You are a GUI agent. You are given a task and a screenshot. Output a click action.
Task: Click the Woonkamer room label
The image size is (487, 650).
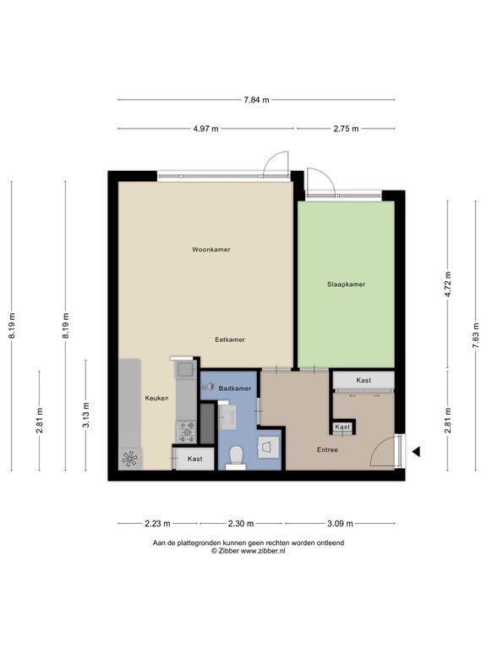tap(211, 250)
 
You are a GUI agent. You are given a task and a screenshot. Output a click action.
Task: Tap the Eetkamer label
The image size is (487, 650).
tap(230, 339)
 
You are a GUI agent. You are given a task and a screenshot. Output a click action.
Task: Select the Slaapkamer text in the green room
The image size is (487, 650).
tap(346, 284)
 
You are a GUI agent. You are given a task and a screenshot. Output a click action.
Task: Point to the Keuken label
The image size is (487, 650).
tap(156, 398)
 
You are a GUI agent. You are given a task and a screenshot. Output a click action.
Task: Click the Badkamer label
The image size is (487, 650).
tap(235, 388)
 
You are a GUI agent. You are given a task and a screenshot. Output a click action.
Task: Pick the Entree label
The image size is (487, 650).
tap(327, 449)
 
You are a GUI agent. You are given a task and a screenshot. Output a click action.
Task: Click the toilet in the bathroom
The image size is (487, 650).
tap(237, 457)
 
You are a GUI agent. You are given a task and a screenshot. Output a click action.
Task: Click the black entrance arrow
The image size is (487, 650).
tap(415, 453)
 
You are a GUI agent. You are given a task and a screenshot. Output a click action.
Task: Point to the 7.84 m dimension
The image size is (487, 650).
tap(256, 100)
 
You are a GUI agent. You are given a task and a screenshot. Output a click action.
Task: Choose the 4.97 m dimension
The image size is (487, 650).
tap(206, 129)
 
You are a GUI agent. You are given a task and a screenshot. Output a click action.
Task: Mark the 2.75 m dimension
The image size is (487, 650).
tap(347, 129)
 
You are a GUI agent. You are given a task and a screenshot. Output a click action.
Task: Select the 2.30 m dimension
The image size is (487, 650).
tap(241, 523)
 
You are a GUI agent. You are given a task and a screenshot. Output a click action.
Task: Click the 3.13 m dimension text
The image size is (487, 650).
tap(85, 419)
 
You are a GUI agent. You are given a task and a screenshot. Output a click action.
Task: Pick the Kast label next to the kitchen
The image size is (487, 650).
tap(195, 459)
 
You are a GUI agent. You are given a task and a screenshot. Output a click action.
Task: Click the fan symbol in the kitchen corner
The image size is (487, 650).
tap(130, 458)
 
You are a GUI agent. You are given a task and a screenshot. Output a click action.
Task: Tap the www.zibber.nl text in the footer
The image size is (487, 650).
tap(264, 550)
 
